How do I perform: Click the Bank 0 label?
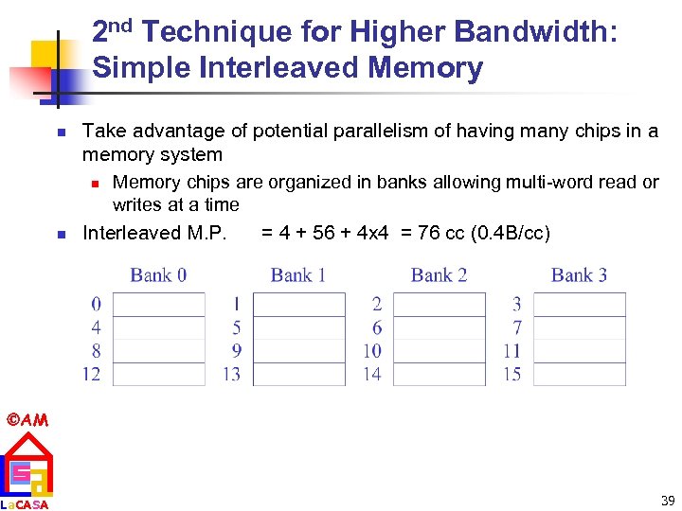tap(158, 275)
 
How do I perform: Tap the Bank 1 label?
tap(298, 275)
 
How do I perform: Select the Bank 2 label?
tap(439, 275)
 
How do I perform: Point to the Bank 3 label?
tap(579, 275)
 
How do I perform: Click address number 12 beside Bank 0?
tap(92, 374)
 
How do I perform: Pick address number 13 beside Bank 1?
tap(231, 374)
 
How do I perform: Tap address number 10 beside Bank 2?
tap(371, 351)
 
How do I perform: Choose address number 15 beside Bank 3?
tap(511, 374)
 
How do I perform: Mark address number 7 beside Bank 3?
tap(516, 327)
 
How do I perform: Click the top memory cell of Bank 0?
tap(158, 305)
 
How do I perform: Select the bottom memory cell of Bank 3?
tap(579, 374)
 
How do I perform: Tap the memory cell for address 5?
tap(298, 327)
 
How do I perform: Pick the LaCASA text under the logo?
tap(26, 503)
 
